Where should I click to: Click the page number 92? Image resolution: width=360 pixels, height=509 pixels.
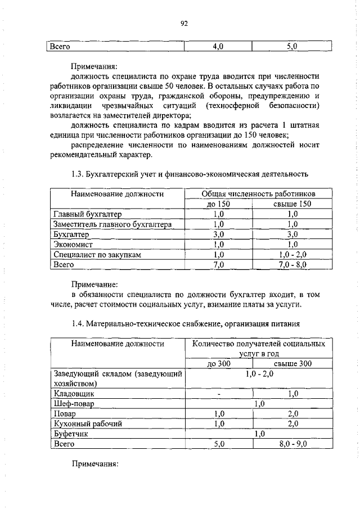coord(183,23)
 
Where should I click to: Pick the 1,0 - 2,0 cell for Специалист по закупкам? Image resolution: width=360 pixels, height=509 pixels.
coord(292,255)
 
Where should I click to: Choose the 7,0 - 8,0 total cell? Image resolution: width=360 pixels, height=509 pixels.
coord(292,265)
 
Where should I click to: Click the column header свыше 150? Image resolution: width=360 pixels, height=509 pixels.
coord(292,204)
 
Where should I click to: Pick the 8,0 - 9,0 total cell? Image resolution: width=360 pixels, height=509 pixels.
coord(292,444)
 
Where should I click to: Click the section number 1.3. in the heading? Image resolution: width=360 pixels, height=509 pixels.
coord(79,174)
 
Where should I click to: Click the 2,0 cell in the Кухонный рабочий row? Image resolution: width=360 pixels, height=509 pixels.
coord(292,424)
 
